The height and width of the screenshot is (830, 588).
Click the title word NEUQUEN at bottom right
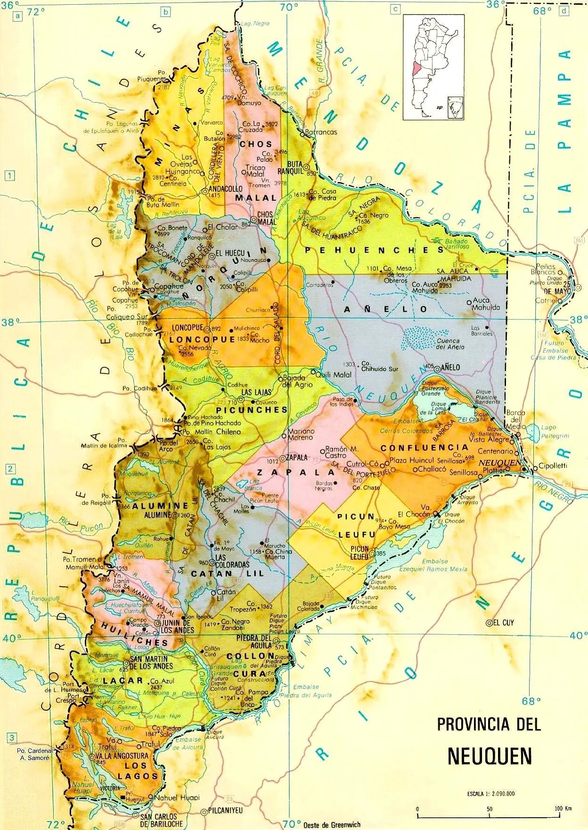[x=490, y=755]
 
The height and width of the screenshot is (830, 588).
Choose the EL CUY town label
[x=504, y=622]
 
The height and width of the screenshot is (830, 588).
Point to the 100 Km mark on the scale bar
[x=563, y=809]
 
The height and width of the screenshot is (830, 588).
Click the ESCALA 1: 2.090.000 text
[x=488, y=794]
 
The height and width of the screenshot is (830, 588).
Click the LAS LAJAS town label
[x=252, y=392]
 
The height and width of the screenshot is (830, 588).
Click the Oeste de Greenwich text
[x=332, y=824]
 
